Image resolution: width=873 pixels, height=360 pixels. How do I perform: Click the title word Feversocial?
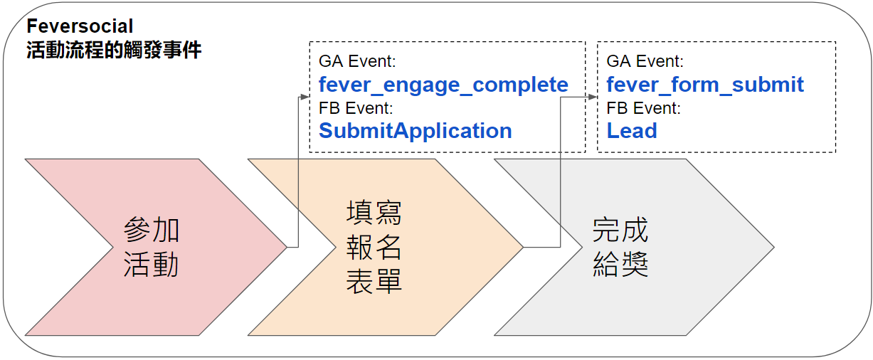pyautogui.click(x=80, y=27)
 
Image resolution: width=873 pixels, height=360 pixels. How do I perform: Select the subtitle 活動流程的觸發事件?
pyautogui.click(x=114, y=51)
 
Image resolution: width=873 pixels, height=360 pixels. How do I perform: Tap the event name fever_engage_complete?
pyautogui.click(x=443, y=85)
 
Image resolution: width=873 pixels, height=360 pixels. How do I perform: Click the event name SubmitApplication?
pyautogui.click(x=415, y=131)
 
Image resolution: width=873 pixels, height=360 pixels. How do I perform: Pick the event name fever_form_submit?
pyautogui.click(x=705, y=85)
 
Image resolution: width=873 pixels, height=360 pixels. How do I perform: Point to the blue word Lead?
pyautogui.click(x=632, y=131)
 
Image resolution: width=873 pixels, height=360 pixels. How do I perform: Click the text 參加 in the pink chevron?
pyautogui.click(x=151, y=231)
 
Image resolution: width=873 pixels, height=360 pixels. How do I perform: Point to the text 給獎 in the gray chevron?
pyautogui.click(x=620, y=265)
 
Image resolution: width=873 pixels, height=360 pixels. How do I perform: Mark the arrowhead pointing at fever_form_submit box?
pyautogui.click(x=593, y=96)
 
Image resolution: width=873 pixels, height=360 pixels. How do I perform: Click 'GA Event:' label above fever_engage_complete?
pyautogui.click(x=356, y=61)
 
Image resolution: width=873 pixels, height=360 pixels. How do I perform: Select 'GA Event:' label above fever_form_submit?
pyautogui.click(x=645, y=61)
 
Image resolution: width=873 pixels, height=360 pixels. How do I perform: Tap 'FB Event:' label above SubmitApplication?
pyautogui.click(x=356, y=108)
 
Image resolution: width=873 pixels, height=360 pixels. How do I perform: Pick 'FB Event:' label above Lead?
pyautogui.click(x=644, y=108)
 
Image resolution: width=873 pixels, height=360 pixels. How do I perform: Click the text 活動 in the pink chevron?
pyautogui.click(x=151, y=265)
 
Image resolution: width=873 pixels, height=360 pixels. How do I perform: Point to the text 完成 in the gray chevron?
pyautogui.click(x=620, y=231)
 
